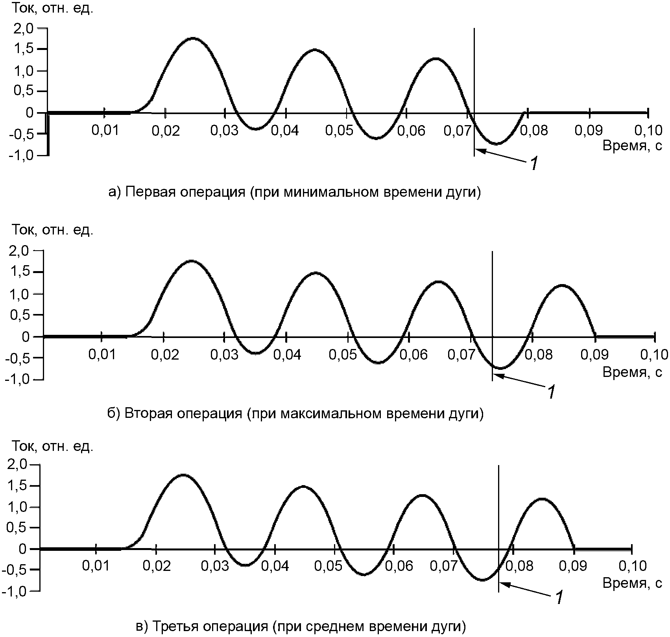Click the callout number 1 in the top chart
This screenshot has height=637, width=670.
(x=533, y=163)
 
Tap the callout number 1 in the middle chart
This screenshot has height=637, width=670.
(x=552, y=392)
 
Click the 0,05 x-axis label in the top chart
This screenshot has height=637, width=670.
(x=339, y=130)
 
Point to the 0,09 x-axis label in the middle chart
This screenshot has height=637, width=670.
(x=595, y=355)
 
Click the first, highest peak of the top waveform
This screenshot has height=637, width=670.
(x=192, y=39)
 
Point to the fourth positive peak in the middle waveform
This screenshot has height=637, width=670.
(x=562, y=285)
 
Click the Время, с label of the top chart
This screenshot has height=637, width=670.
(x=633, y=146)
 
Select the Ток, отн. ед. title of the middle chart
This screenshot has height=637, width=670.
(x=52, y=230)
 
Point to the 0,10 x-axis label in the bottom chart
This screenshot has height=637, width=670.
(x=632, y=566)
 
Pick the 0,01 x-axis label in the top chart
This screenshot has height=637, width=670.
(x=105, y=130)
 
